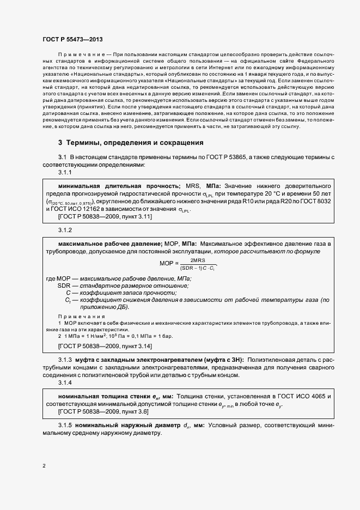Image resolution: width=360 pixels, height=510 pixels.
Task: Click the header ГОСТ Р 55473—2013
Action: point(72,39)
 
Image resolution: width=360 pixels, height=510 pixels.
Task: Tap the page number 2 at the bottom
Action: point(44,466)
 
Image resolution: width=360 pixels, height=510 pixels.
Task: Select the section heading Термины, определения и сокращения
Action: point(135,143)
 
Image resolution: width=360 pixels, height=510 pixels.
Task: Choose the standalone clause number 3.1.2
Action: point(65,230)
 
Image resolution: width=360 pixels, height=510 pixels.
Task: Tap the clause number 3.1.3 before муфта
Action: point(65,361)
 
